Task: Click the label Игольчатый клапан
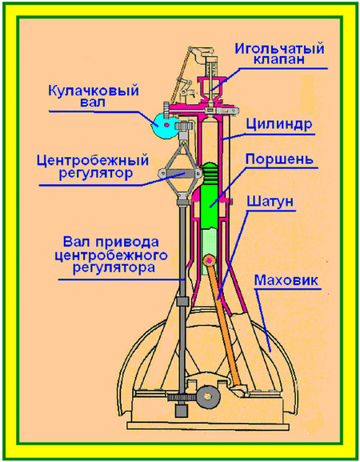click(279, 54)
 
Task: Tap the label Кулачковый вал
click(94, 95)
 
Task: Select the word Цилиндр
click(278, 124)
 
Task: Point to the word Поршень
click(279, 159)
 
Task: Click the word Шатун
click(270, 202)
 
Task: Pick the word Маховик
click(286, 280)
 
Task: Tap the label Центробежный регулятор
click(93, 167)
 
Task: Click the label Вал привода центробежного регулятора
click(111, 255)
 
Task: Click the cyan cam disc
click(162, 126)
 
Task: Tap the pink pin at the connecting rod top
click(210, 260)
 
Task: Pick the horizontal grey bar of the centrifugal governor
click(179, 173)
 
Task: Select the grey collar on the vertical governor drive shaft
click(182, 301)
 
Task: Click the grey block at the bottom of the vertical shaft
click(182, 411)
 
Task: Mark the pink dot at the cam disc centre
click(167, 125)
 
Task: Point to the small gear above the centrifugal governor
click(185, 127)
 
